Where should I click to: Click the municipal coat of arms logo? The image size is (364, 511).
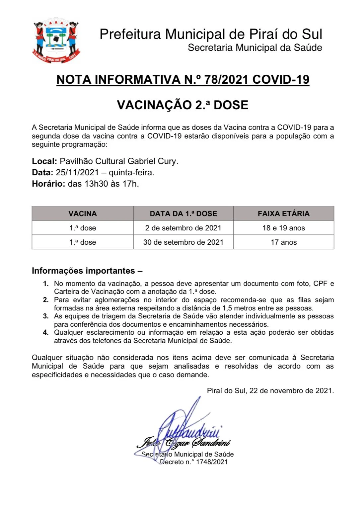[56, 41]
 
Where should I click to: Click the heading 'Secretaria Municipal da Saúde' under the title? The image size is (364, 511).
[255, 47]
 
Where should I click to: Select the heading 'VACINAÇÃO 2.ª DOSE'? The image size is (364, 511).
[182, 105]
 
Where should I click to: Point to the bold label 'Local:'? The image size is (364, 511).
[44, 161]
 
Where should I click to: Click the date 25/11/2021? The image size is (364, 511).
[77, 173]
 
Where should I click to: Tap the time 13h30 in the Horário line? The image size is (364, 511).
[97, 184]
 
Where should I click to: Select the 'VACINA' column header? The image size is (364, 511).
[83, 213]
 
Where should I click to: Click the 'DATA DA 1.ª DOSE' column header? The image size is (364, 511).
[183, 213]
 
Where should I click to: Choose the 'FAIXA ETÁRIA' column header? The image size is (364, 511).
[283, 213]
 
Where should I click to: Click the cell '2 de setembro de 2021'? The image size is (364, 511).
[183, 228]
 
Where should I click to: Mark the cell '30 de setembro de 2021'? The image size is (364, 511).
[183, 242]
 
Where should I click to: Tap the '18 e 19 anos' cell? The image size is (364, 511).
[283, 228]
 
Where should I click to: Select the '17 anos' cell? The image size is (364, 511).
[283, 242]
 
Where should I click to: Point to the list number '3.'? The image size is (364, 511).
[46, 316]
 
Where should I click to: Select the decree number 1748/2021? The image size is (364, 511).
[212, 462]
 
